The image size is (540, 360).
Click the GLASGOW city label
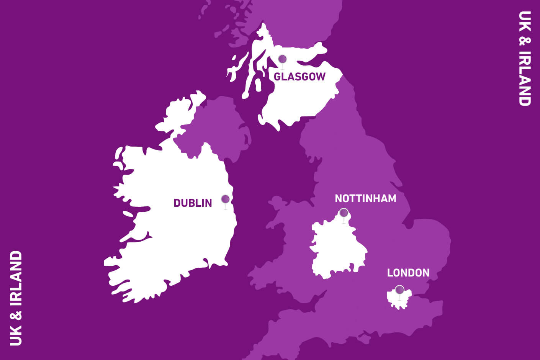[299, 77]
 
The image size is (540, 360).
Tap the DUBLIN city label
[193, 203]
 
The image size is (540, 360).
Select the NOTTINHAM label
[365, 198]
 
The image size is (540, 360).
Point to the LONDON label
[408, 273]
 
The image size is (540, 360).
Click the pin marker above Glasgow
[282, 60]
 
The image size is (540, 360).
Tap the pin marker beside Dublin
[225, 200]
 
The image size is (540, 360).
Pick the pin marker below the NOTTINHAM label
[344, 213]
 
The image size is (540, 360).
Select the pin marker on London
[399, 290]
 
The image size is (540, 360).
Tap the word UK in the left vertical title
[16, 337]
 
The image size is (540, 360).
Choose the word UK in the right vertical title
[525, 19]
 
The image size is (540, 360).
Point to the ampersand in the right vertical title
[525, 40]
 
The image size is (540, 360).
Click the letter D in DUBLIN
[177, 203]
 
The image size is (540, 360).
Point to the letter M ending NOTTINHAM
[391, 198]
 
